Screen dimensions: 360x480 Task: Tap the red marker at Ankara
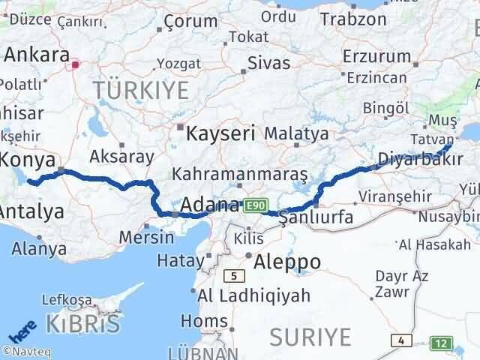coord(74,64)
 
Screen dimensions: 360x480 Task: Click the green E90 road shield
coord(256,205)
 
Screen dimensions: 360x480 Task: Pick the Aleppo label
coord(287,262)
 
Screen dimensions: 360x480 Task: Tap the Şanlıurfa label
coord(316,219)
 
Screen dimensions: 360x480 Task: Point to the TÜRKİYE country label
coord(141,91)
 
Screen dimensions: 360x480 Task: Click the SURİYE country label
coord(310,334)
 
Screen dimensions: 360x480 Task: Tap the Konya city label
coord(28,160)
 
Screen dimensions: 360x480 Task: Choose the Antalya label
coord(31,212)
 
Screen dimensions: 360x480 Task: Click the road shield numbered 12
coord(442,343)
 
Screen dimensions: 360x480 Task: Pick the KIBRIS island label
coord(82,325)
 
